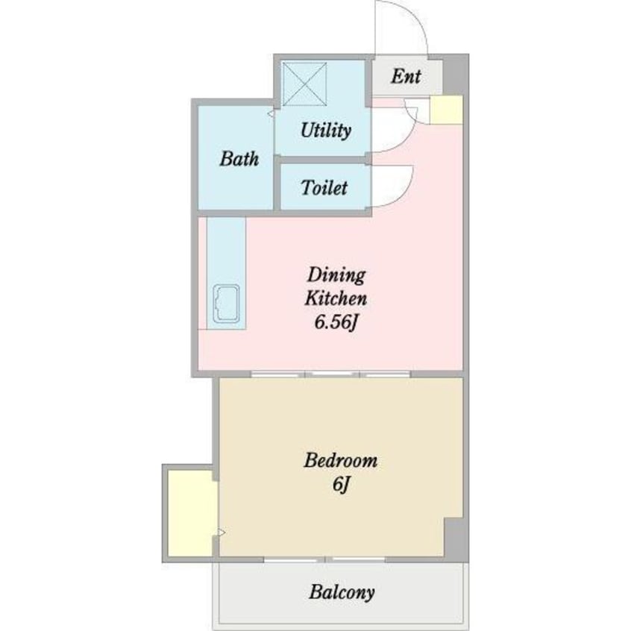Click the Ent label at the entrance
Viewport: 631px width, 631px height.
pyautogui.click(x=406, y=76)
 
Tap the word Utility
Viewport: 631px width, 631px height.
pyautogui.click(x=325, y=131)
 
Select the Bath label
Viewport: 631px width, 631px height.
pyautogui.click(x=239, y=158)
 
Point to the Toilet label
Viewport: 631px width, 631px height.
pyautogui.click(x=324, y=187)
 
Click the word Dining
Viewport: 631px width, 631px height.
pyautogui.click(x=336, y=275)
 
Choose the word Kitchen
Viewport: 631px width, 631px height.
pyautogui.click(x=336, y=299)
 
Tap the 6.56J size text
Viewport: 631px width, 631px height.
pyautogui.click(x=336, y=324)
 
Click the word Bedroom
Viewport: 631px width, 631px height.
pyautogui.click(x=341, y=460)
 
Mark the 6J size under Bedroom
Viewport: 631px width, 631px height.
pyautogui.click(x=341, y=485)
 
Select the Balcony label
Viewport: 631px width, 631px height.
pyautogui.click(x=341, y=593)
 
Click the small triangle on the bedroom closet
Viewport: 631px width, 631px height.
pyautogui.click(x=221, y=533)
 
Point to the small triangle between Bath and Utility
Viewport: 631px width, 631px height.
pyautogui.click(x=271, y=114)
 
